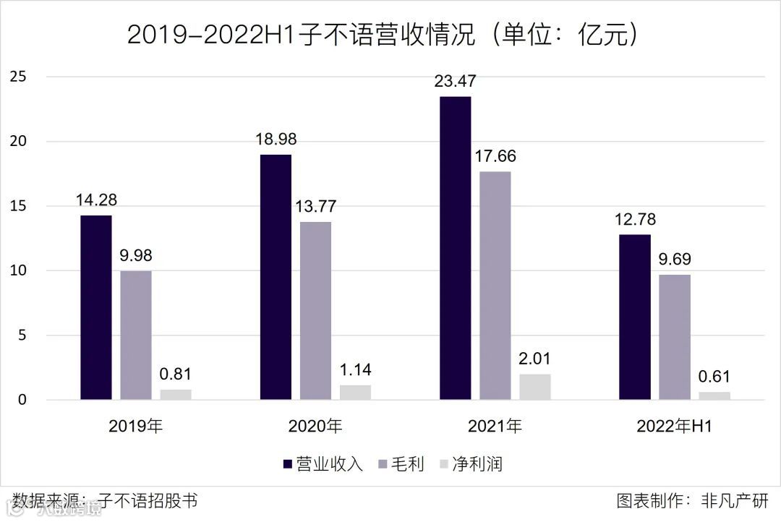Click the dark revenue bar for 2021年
[455, 248]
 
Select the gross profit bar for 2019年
[136, 335]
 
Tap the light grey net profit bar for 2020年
[355, 393]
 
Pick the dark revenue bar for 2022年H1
[634, 317]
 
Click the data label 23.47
[455, 81]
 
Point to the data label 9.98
[136, 255]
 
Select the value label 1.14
[355, 370]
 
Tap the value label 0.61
[714, 377]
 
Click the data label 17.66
[495, 156]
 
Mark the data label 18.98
[276, 140]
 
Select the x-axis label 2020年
[315, 427]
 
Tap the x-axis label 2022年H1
[674, 427]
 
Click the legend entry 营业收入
[322, 464]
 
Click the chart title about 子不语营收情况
[383, 35]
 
